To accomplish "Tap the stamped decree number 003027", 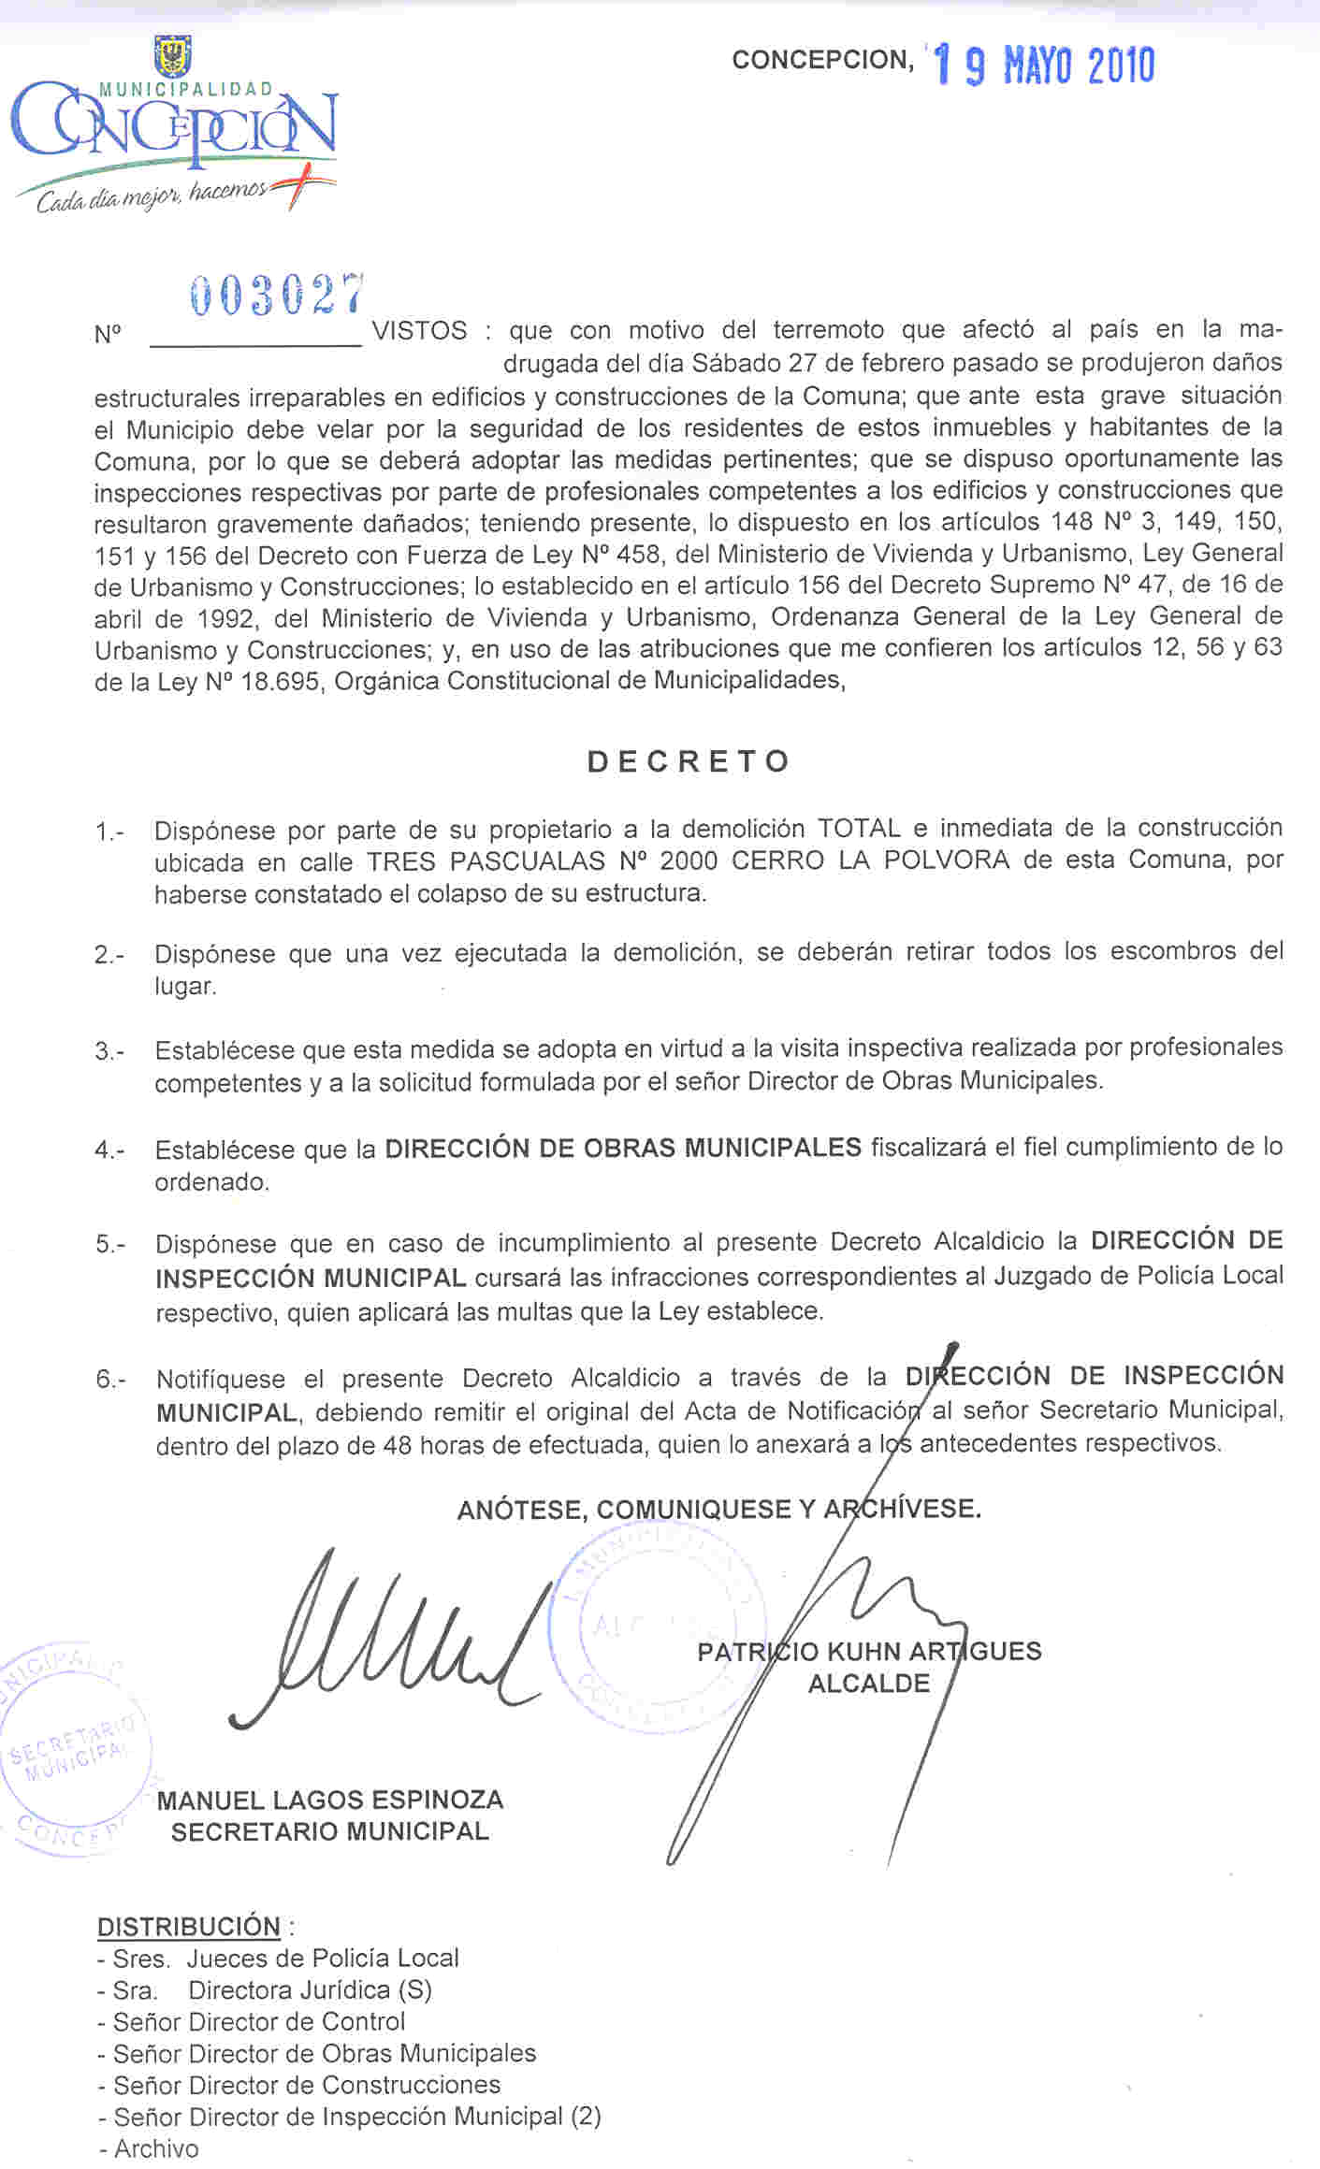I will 277,296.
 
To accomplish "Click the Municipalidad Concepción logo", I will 174,126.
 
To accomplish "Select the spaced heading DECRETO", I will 689,761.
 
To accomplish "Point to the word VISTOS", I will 420,331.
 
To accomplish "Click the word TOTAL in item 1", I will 859,829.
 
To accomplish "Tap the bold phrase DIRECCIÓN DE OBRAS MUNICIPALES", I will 623,1148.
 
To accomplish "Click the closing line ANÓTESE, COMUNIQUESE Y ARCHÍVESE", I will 718,1510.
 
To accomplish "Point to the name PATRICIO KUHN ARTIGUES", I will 869,1652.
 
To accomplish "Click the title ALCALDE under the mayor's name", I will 869,1684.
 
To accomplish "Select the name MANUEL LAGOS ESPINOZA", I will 330,1800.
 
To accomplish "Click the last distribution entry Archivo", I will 156,2148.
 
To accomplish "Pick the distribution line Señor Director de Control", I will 259,2021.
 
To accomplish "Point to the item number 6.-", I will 110,1380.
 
